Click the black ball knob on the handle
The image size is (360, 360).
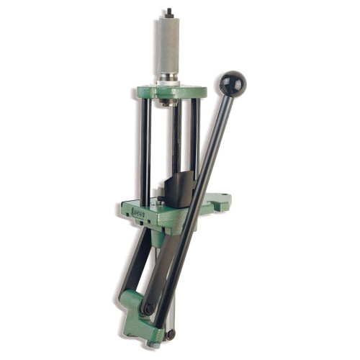click(233, 84)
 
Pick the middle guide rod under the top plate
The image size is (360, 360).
click(176, 137)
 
